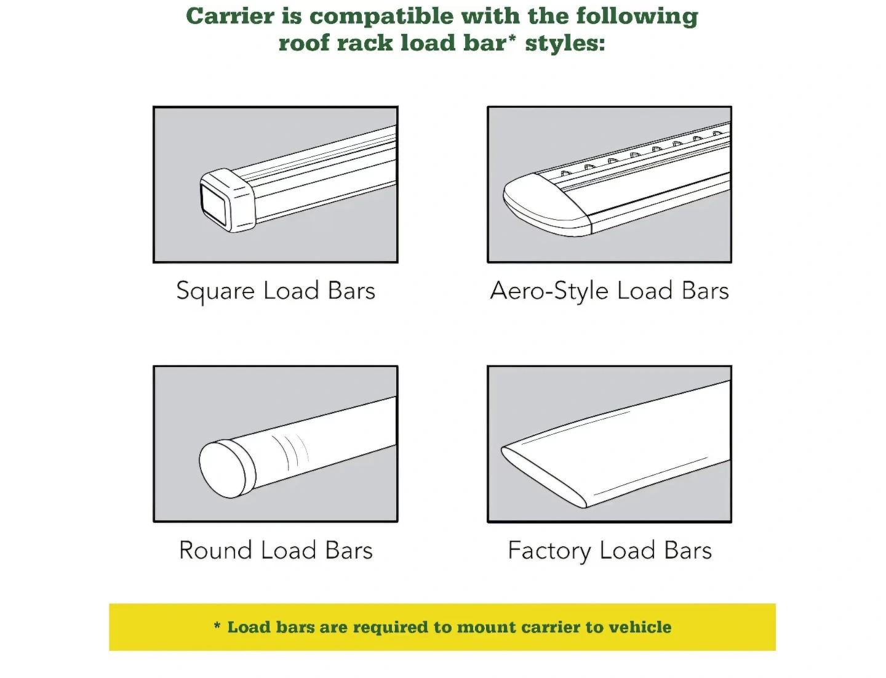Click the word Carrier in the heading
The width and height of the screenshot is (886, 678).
click(230, 16)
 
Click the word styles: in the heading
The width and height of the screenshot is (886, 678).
click(565, 43)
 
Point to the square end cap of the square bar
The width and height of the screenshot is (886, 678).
click(228, 200)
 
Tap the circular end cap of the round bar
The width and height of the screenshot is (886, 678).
click(228, 469)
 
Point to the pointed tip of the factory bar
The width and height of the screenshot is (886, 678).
click(501, 448)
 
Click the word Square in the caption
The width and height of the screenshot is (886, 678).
click(215, 291)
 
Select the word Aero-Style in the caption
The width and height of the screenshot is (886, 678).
click(549, 291)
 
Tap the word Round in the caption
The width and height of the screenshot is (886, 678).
click(216, 550)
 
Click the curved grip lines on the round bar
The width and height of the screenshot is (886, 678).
click(290, 452)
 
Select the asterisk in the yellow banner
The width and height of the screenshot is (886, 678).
click(217, 626)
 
